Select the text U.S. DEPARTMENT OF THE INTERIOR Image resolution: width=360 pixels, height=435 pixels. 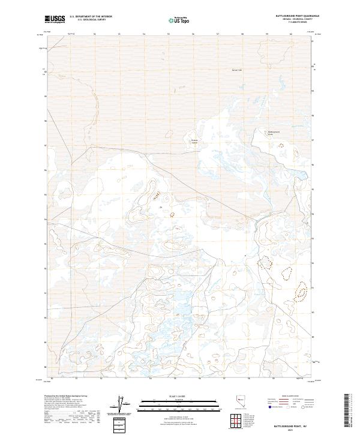91,17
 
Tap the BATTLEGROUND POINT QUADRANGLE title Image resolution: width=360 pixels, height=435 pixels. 288,16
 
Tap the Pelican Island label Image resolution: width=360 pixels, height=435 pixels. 194,142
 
